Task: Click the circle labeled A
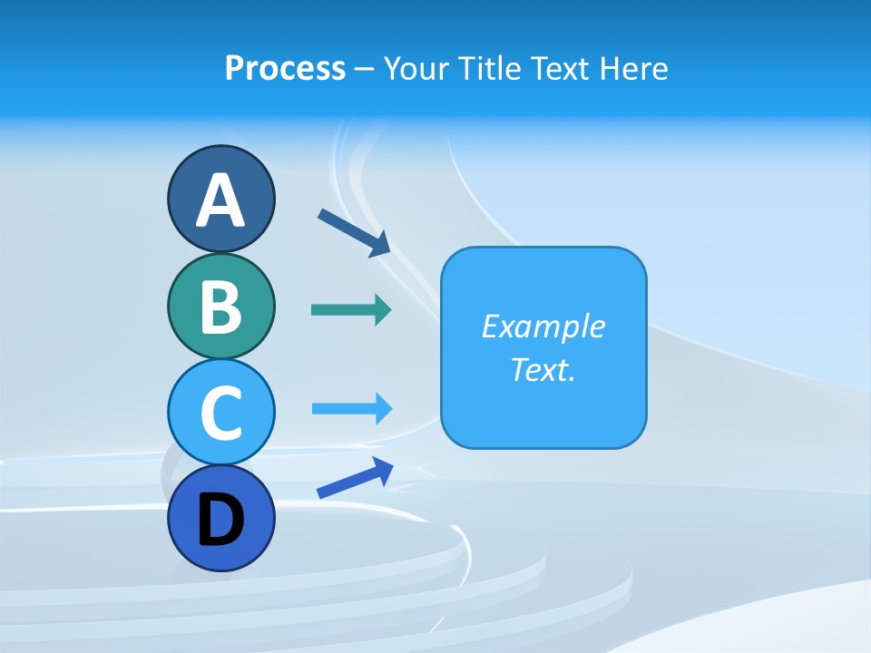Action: (x=220, y=199)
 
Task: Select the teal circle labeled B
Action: (x=220, y=306)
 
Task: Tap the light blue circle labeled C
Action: (x=220, y=412)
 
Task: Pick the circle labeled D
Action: (x=220, y=518)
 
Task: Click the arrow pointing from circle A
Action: (x=354, y=232)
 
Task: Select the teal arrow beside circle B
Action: (x=351, y=310)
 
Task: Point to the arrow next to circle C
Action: (x=351, y=408)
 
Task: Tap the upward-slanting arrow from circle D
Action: (x=355, y=478)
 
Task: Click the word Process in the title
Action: (x=285, y=68)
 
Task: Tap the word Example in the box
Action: (x=543, y=326)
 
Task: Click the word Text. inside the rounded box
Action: (x=543, y=369)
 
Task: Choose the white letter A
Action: (x=220, y=200)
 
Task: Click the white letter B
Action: (x=220, y=307)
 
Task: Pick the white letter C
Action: (x=220, y=413)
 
